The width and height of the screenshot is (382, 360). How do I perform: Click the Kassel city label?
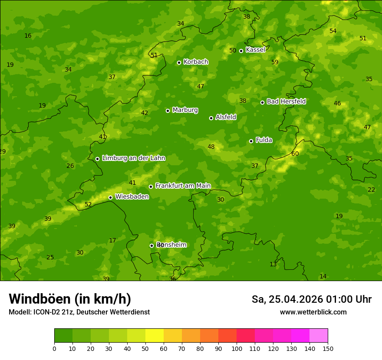pyautogui.click(x=255, y=50)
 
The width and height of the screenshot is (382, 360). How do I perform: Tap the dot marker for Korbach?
pyautogui.click(x=179, y=62)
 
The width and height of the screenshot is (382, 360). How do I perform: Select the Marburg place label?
pyautogui.click(x=185, y=110)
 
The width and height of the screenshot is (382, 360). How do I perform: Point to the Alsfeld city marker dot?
pyautogui.click(x=211, y=118)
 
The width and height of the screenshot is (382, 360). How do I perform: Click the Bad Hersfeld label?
pyautogui.click(x=286, y=101)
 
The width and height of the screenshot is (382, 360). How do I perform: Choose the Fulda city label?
pyautogui.click(x=264, y=140)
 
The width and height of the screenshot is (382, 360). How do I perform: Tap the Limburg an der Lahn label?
pyautogui.click(x=133, y=158)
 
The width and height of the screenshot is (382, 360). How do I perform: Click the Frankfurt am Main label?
pyautogui.click(x=183, y=186)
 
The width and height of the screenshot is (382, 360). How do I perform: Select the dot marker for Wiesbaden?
pyautogui.click(x=110, y=197)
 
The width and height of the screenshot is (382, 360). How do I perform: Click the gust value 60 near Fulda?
pyautogui.click(x=295, y=154)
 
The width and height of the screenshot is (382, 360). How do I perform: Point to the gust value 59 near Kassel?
pyautogui.click(x=275, y=62)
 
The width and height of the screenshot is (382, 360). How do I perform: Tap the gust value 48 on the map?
pyautogui.click(x=211, y=147)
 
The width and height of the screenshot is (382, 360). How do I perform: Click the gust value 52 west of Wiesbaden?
pyautogui.click(x=88, y=204)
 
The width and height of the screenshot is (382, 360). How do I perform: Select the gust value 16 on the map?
pyautogui.click(x=28, y=36)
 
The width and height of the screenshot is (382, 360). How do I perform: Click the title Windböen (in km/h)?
pyautogui.click(x=70, y=299)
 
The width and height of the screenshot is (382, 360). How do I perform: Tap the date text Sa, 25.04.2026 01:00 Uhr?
pyautogui.click(x=311, y=299)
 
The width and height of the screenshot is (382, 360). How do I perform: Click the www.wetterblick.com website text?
pyautogui.click(x=313, y=312)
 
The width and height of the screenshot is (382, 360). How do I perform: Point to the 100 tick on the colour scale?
pyautogui.click(x=237, y=348)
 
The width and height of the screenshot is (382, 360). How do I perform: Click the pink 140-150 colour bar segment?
pyautogui.click(x=319, y=335)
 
